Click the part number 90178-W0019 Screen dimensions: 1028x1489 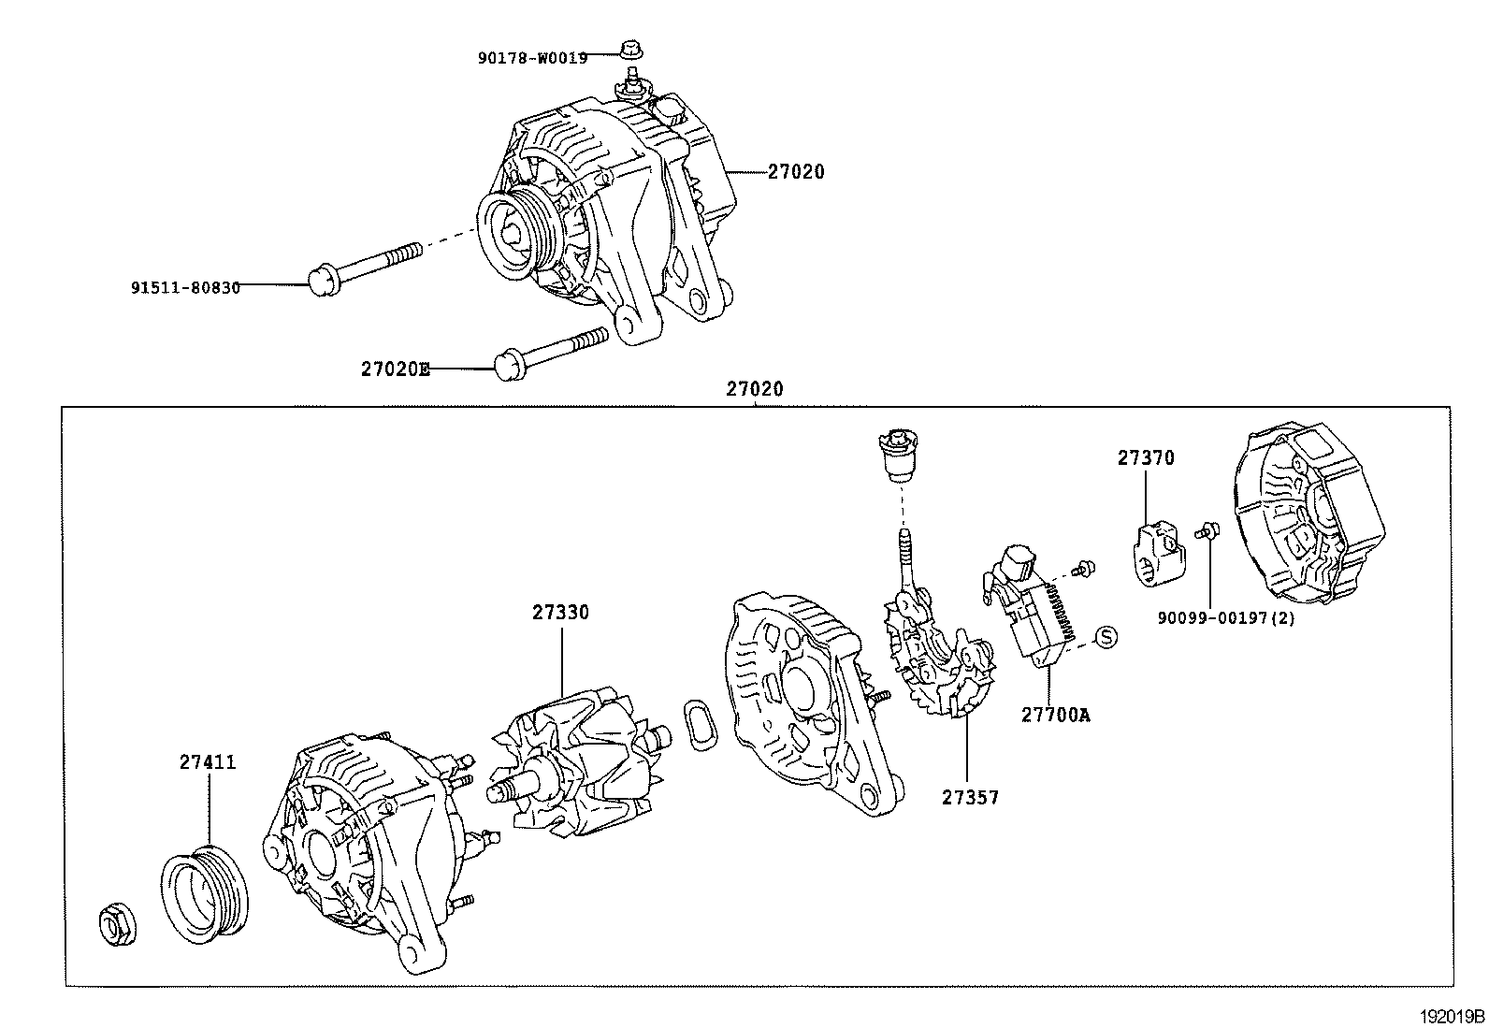tap(532, 58)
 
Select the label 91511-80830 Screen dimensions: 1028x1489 tap(185, 287)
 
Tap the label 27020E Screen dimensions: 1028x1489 tap(396, 369)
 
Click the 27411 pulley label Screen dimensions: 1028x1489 tap(208, 762)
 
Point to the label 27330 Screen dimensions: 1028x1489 tap(561, 613)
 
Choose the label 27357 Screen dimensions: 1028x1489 tap(970, 798)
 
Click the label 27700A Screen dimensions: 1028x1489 tap(1055, 715)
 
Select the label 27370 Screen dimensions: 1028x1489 tap(1146, 458)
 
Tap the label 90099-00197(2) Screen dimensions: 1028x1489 tap(1226, 618)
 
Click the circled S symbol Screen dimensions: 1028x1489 tap(1106, 637)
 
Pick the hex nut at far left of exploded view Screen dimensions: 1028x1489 tap(118, 925)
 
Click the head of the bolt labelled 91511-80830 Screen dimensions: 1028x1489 tap(322, 281)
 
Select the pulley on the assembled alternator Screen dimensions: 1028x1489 tap(513, 237)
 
